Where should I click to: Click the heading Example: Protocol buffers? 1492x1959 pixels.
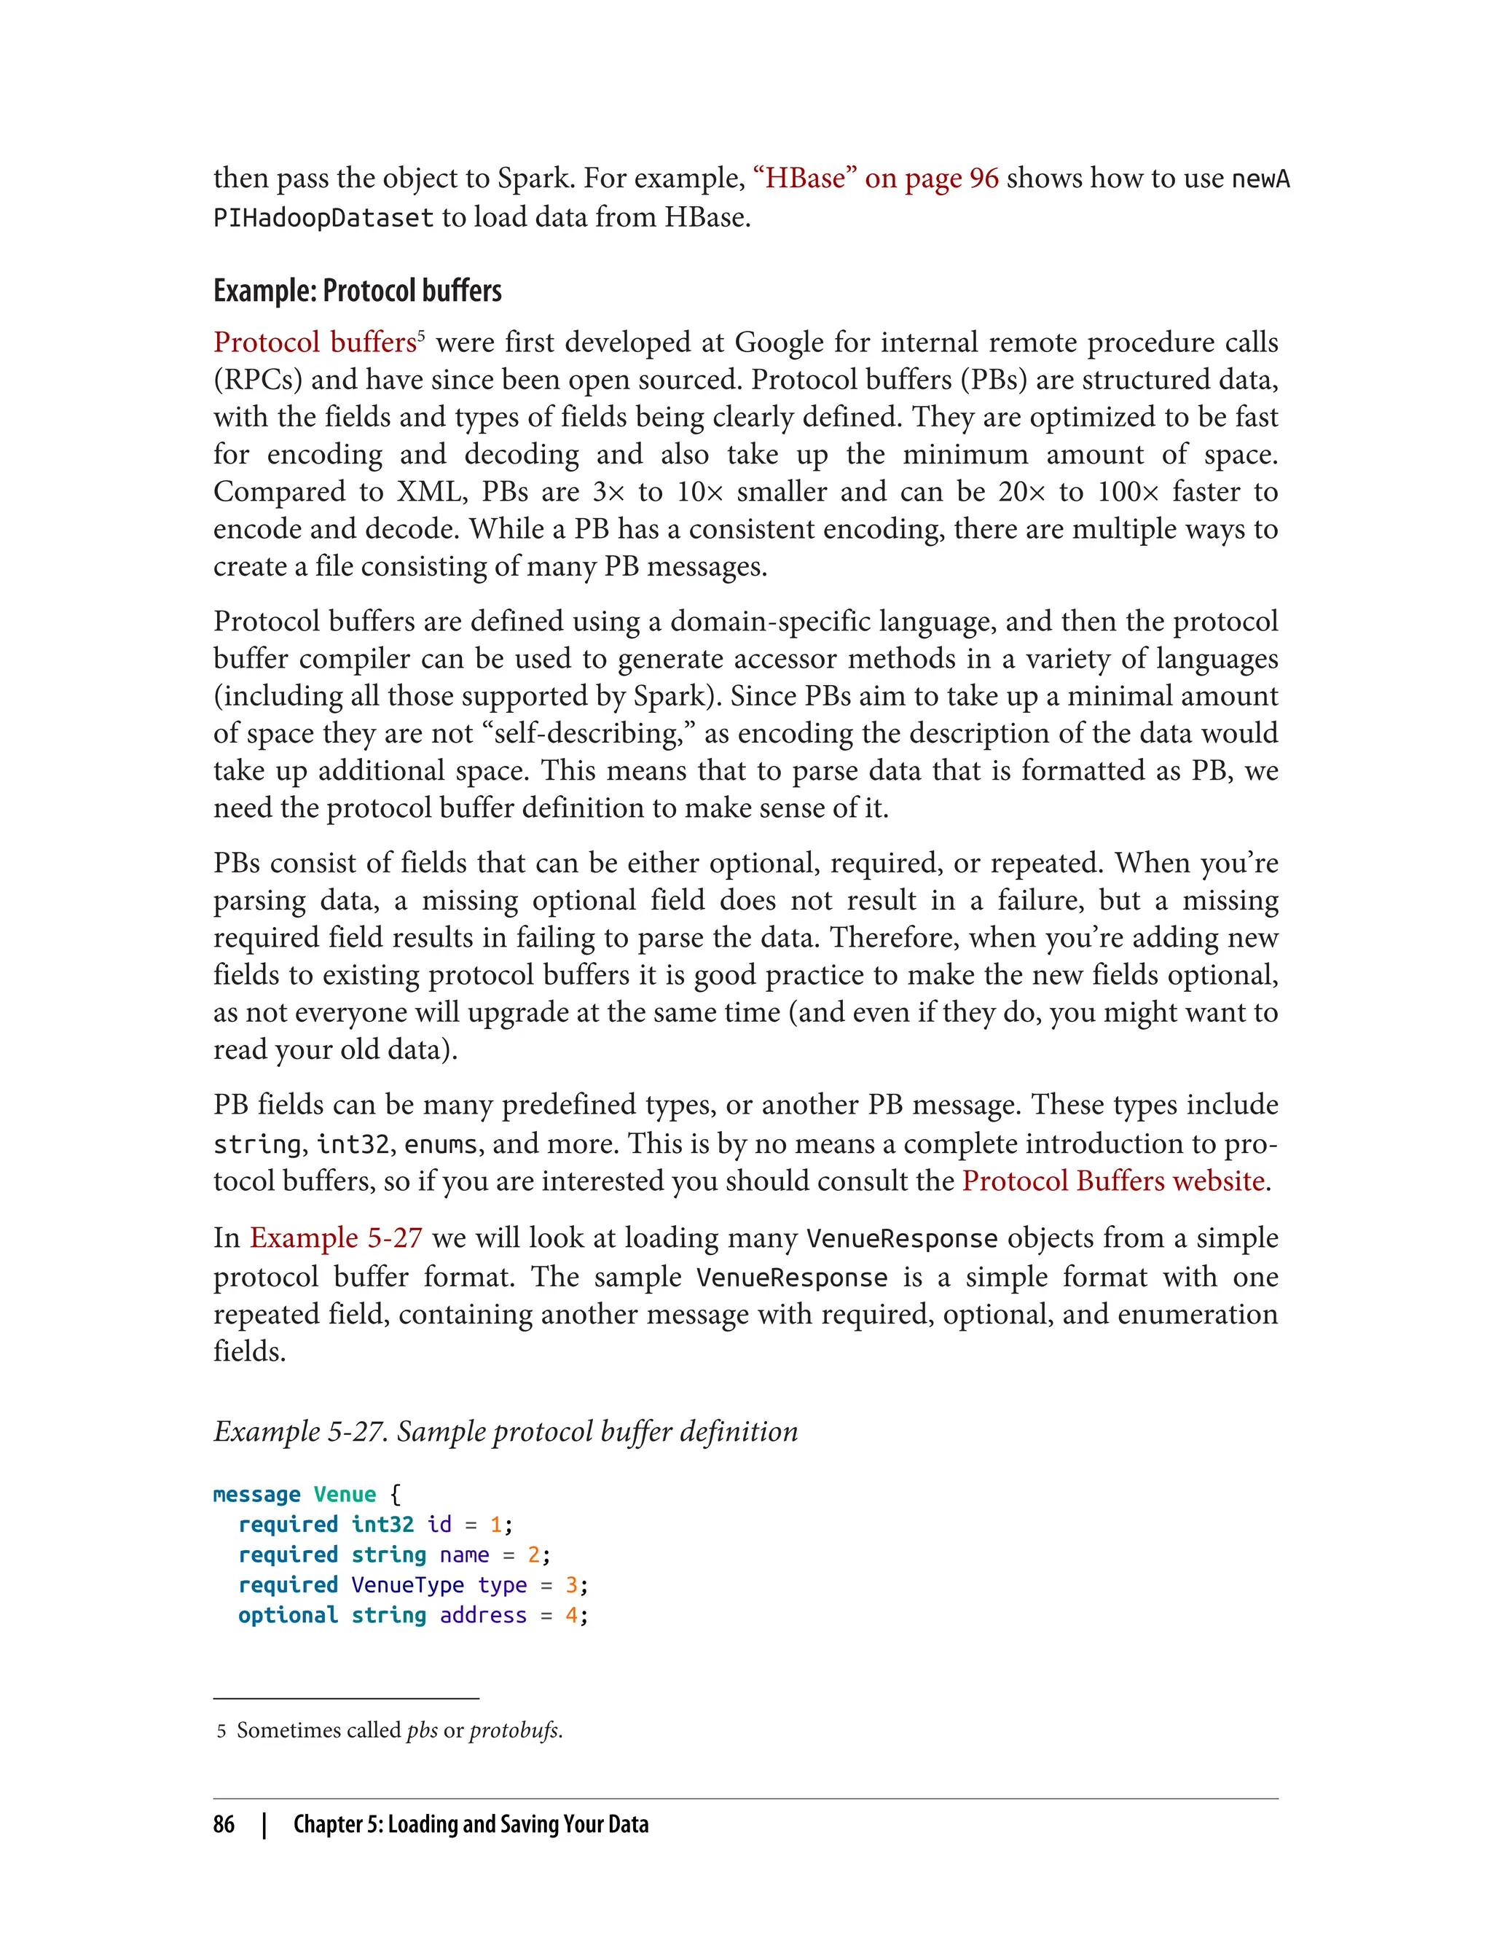coord(357,291)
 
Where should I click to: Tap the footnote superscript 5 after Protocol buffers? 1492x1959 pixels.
coord(421,336)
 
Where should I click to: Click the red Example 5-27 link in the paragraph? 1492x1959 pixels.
coord(336,1237)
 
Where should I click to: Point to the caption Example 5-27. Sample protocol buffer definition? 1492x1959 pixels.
coord(506,1431)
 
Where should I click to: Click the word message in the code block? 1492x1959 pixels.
coord(256,1494)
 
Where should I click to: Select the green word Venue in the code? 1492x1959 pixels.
coord(345,1494)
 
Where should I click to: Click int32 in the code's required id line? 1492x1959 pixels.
coord(382,1525)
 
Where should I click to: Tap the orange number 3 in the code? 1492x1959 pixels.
coord(571,1585)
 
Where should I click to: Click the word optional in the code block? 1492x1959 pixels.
coord(288,1615)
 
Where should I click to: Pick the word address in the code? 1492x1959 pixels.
coord(483,1615)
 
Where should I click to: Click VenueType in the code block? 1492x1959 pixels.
coord(408,1585)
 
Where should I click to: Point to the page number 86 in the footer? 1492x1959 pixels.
coord(224,1824)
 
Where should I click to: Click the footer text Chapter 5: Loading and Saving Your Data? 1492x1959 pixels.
coord(471,1824)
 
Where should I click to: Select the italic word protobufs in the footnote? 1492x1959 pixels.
coord(514,1729)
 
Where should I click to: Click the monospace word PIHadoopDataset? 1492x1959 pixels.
coord(323,218)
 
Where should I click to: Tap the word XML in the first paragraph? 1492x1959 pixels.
coord(430,491)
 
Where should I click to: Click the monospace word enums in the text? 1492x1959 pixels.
coord(441,1144)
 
